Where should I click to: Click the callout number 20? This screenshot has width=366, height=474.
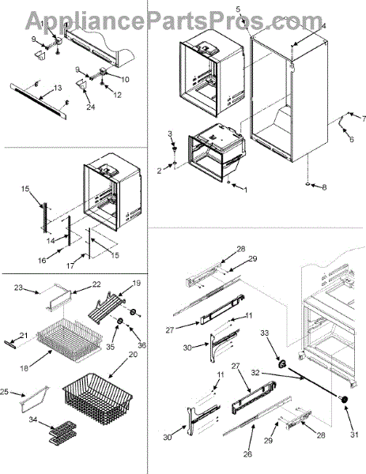(x=133, y=355)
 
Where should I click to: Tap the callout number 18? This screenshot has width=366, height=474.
(x=24, y=368)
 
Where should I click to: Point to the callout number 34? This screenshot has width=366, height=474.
(x=33, y=419)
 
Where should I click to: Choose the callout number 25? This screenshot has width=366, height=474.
(x=4, y=393)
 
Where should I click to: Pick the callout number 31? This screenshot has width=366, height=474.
(x=354, y=434)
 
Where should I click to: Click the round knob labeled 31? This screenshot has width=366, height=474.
(x=344, y=400)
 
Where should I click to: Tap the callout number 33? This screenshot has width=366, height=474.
(x=265, y=333)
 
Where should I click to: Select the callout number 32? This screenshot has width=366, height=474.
(x=255, y=373)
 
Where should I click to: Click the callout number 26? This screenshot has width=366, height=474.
(x=247, y=453)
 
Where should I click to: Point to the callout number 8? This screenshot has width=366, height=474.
(x=324, y=187)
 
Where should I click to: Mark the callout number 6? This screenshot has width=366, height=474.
(x=352, y=140)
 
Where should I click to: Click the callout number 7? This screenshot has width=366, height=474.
(x=364, y=119)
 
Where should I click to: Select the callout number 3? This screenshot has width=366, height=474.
(x=170, y=134)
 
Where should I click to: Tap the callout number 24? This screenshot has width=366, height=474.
(x=91, y=107)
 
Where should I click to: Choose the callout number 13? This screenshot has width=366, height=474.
(x=58, y=88)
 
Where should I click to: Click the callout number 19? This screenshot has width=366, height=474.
(x=137, y=284)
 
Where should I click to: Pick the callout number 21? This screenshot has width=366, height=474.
(x=24, y=335)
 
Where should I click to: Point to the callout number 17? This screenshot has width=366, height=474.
(x=70, y=265)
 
